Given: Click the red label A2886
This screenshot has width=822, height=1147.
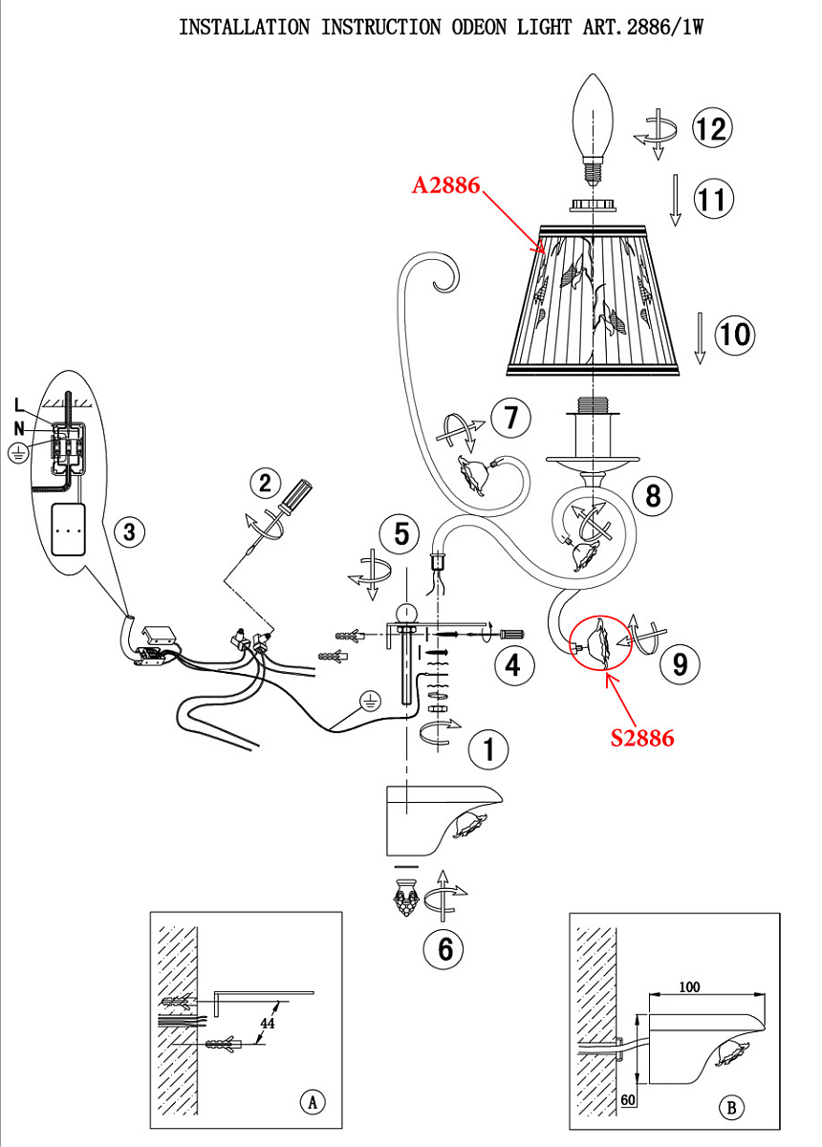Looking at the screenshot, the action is (x=445, y=185).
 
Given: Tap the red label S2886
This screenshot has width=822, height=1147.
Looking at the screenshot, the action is (x=641, y=738).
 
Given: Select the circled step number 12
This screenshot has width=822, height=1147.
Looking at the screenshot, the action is (x=712, y=128).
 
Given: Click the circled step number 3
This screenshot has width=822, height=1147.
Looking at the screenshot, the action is (x=129, y=531).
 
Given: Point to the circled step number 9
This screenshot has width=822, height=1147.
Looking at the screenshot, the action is (x=680, y=664).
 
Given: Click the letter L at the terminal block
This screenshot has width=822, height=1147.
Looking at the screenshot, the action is (x=19, y=404).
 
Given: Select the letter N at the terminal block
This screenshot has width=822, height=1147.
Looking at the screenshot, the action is (x=19, y=428).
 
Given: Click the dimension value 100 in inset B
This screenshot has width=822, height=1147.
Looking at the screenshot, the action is (x=689, y=987).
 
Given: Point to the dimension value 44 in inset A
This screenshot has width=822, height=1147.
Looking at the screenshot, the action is (x=268, y=1023).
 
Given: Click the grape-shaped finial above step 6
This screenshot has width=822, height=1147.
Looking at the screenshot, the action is (x=405, y=898).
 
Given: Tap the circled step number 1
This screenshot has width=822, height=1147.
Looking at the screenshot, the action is (x=488, y=749).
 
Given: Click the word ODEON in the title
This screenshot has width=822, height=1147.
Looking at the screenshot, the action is (x=479, y=27).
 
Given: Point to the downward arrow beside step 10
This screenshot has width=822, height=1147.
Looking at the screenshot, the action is (x=700, y=338).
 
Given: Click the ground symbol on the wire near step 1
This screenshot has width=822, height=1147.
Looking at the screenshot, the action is (x=370, y=701).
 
